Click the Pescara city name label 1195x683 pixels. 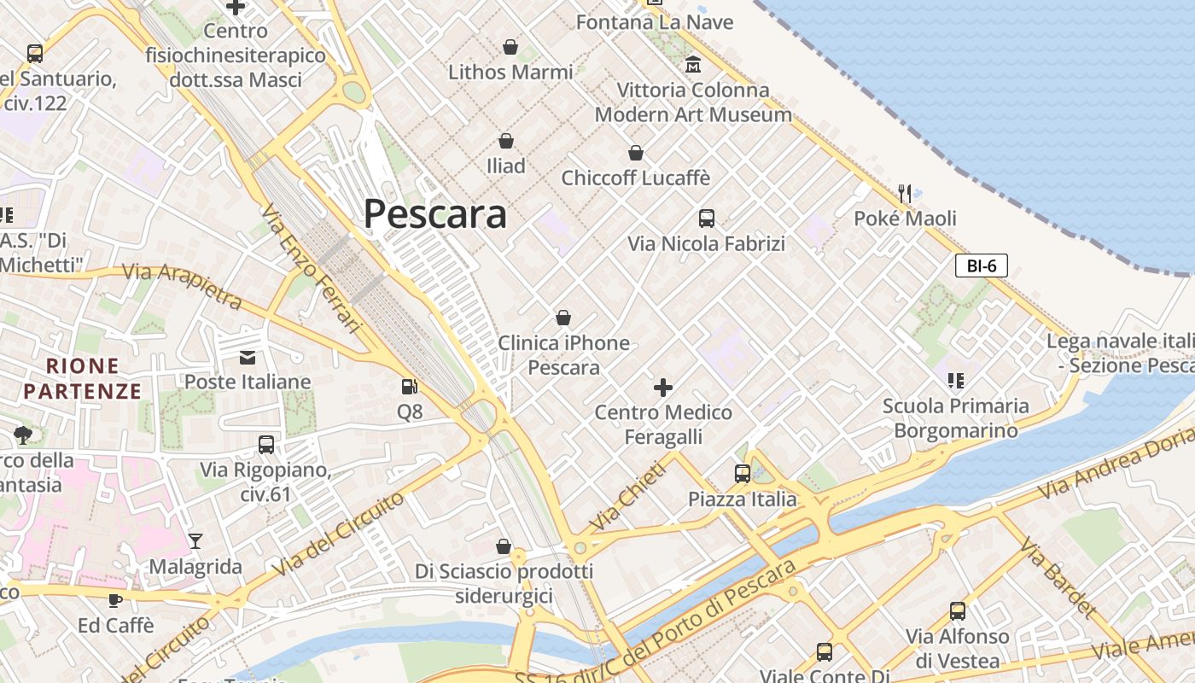(x=435, y=213)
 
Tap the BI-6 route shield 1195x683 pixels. (x=981, y=266)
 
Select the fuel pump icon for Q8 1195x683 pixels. (x=410, y=387)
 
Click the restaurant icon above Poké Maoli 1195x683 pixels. (x=905, y=194)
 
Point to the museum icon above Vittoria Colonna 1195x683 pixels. (x=693, y=64)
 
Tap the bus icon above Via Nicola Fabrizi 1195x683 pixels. (x=707, y=219)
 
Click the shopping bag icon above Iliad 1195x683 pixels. (x=506, y=141)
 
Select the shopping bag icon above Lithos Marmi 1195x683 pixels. (x=510, y=47)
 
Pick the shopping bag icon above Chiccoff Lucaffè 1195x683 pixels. (x=636, y=154)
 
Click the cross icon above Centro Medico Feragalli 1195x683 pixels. (x=663, y=388)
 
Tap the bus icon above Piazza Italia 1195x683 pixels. (x=743, y=474)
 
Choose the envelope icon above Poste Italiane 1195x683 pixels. (x=248, y=357)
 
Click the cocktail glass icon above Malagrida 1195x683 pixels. (x=195, y=541)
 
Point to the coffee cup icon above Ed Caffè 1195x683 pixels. (x=115, y=599)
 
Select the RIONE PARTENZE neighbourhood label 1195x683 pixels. (x=82, y=379)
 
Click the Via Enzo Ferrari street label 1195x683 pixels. (x=312, y=267)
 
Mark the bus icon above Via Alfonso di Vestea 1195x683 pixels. (x=958, y=611)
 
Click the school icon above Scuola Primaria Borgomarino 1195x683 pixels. (x=955, y=381)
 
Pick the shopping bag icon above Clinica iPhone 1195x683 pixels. (x=563, y=318)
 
